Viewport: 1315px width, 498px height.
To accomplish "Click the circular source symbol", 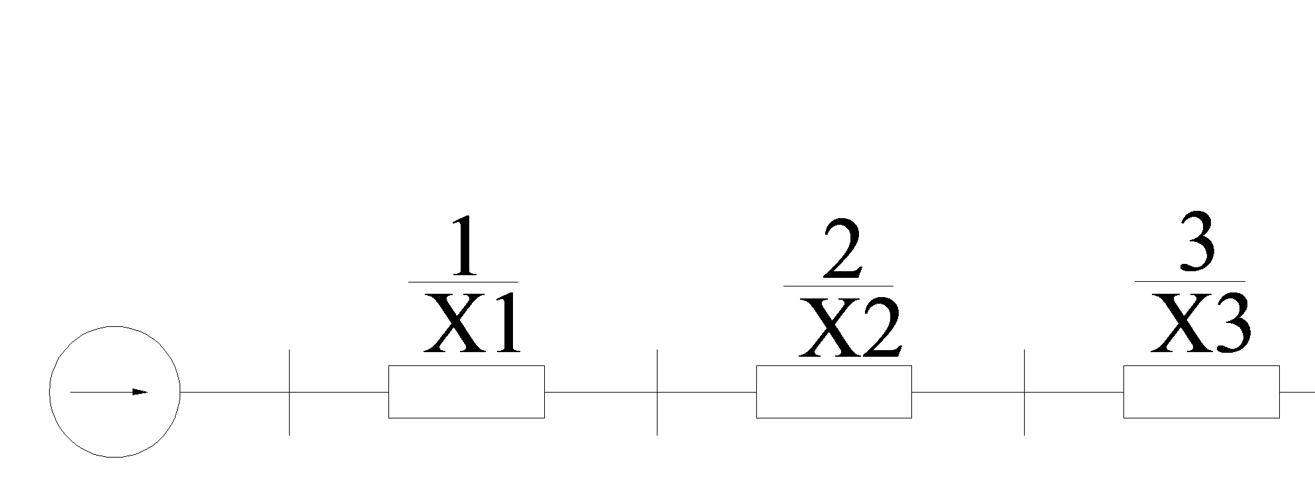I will pos(115,392).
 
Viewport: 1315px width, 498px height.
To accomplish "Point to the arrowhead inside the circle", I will pos(139,392).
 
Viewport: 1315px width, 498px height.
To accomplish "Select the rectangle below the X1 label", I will pos(466,392).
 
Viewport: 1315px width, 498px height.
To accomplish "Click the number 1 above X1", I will pos(463,246).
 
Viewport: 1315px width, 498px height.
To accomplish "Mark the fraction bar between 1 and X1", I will pos(463,282).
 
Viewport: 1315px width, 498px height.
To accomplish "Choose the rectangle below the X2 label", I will pos(834,392).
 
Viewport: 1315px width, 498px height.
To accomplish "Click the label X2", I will pos(850,328).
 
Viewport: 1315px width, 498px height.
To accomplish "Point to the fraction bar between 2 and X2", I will pos(838,286).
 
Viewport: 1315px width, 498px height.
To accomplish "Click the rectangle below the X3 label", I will pos(1201,392).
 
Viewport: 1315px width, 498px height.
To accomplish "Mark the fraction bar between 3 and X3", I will pos(1190,282).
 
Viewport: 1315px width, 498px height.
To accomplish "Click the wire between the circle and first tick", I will pos(234,392).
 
